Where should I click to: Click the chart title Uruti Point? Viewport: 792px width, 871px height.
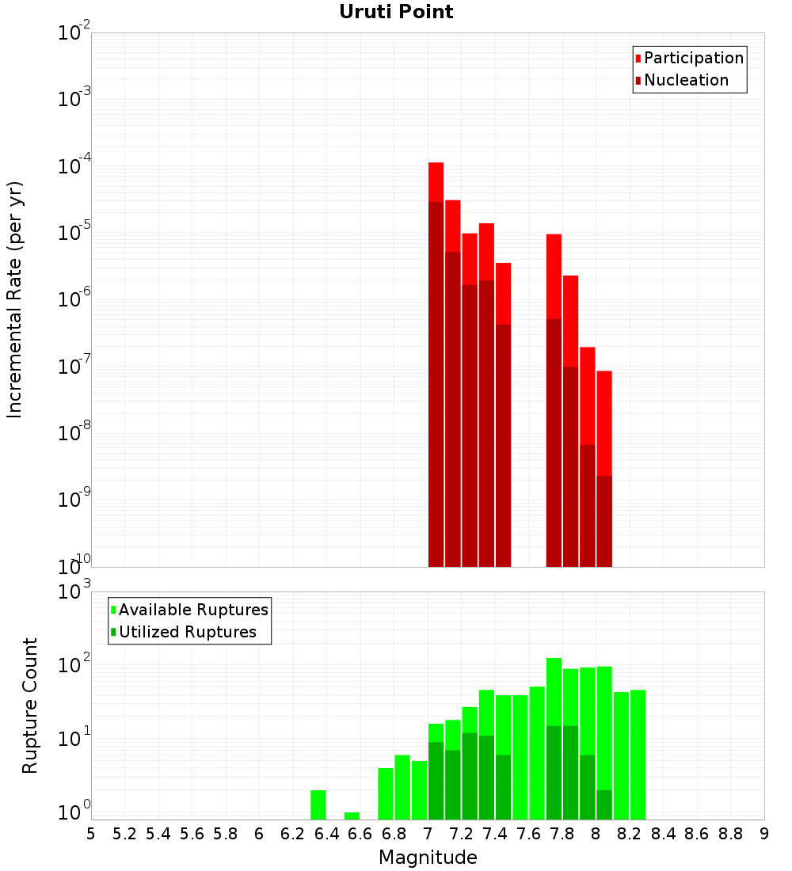[x=396, y=13]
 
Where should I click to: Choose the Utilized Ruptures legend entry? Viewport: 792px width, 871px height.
[x=187, y=633]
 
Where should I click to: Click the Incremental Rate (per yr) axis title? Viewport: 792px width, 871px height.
[x=15, y=300]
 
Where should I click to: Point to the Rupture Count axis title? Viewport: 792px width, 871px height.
[x=30, y=706]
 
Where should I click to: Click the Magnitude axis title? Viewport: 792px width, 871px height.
[x=428, y=858]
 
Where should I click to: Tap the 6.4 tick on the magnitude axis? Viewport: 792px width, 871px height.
[x=326, y=834]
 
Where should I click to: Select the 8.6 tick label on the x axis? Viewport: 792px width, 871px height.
[x=697, y=834]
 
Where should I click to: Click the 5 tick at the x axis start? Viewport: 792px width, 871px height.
[x=91, y=834]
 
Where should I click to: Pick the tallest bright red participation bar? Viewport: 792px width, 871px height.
[x=436, y=182]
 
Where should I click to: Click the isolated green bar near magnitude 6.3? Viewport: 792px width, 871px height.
[x=318, y=804]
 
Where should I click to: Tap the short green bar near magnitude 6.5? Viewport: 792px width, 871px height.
[x=352, y=816]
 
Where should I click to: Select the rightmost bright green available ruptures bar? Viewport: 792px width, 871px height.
[x=638, y=752]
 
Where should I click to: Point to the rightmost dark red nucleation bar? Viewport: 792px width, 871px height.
[x=604, y=523]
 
